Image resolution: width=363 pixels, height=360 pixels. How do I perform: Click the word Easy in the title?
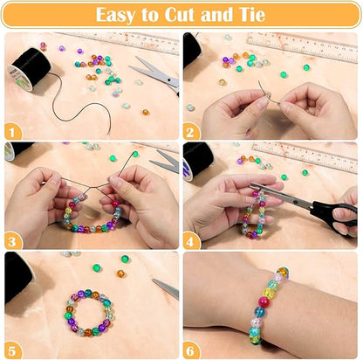click(116, 15)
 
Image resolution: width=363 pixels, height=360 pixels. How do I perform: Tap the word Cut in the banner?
click(180, 15)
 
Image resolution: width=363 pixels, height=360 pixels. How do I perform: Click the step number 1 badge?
click(12, 132)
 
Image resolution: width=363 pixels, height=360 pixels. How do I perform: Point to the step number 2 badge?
click(190, 132)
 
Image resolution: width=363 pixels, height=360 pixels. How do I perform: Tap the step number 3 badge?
click(12, 241)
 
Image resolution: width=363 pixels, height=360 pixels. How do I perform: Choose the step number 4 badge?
click(190, 241)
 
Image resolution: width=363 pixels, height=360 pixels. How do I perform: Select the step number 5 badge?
click(12, 350)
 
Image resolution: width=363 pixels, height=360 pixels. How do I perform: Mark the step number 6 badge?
click(190, 350)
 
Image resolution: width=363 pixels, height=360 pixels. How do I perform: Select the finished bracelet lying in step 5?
click(88, 313)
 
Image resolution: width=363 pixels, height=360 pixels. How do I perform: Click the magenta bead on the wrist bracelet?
click(264, 301)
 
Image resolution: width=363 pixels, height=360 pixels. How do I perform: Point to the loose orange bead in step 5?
click(120, 273)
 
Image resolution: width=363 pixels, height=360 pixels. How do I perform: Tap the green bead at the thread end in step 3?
click(135, 154)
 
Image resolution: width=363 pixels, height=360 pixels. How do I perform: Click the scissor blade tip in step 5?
click(153, 280)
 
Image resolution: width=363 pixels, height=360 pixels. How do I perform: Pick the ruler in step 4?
click(305, 157)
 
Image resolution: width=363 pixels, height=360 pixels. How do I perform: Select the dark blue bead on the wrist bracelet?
click(259, 312)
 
